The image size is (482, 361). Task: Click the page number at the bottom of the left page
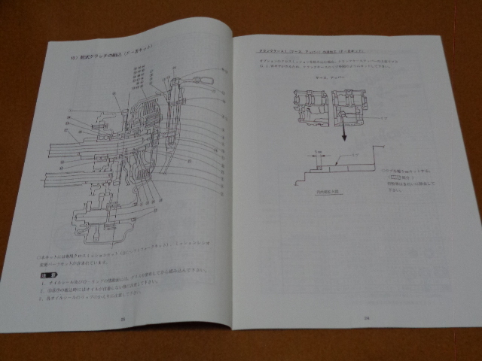pos(122,319)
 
